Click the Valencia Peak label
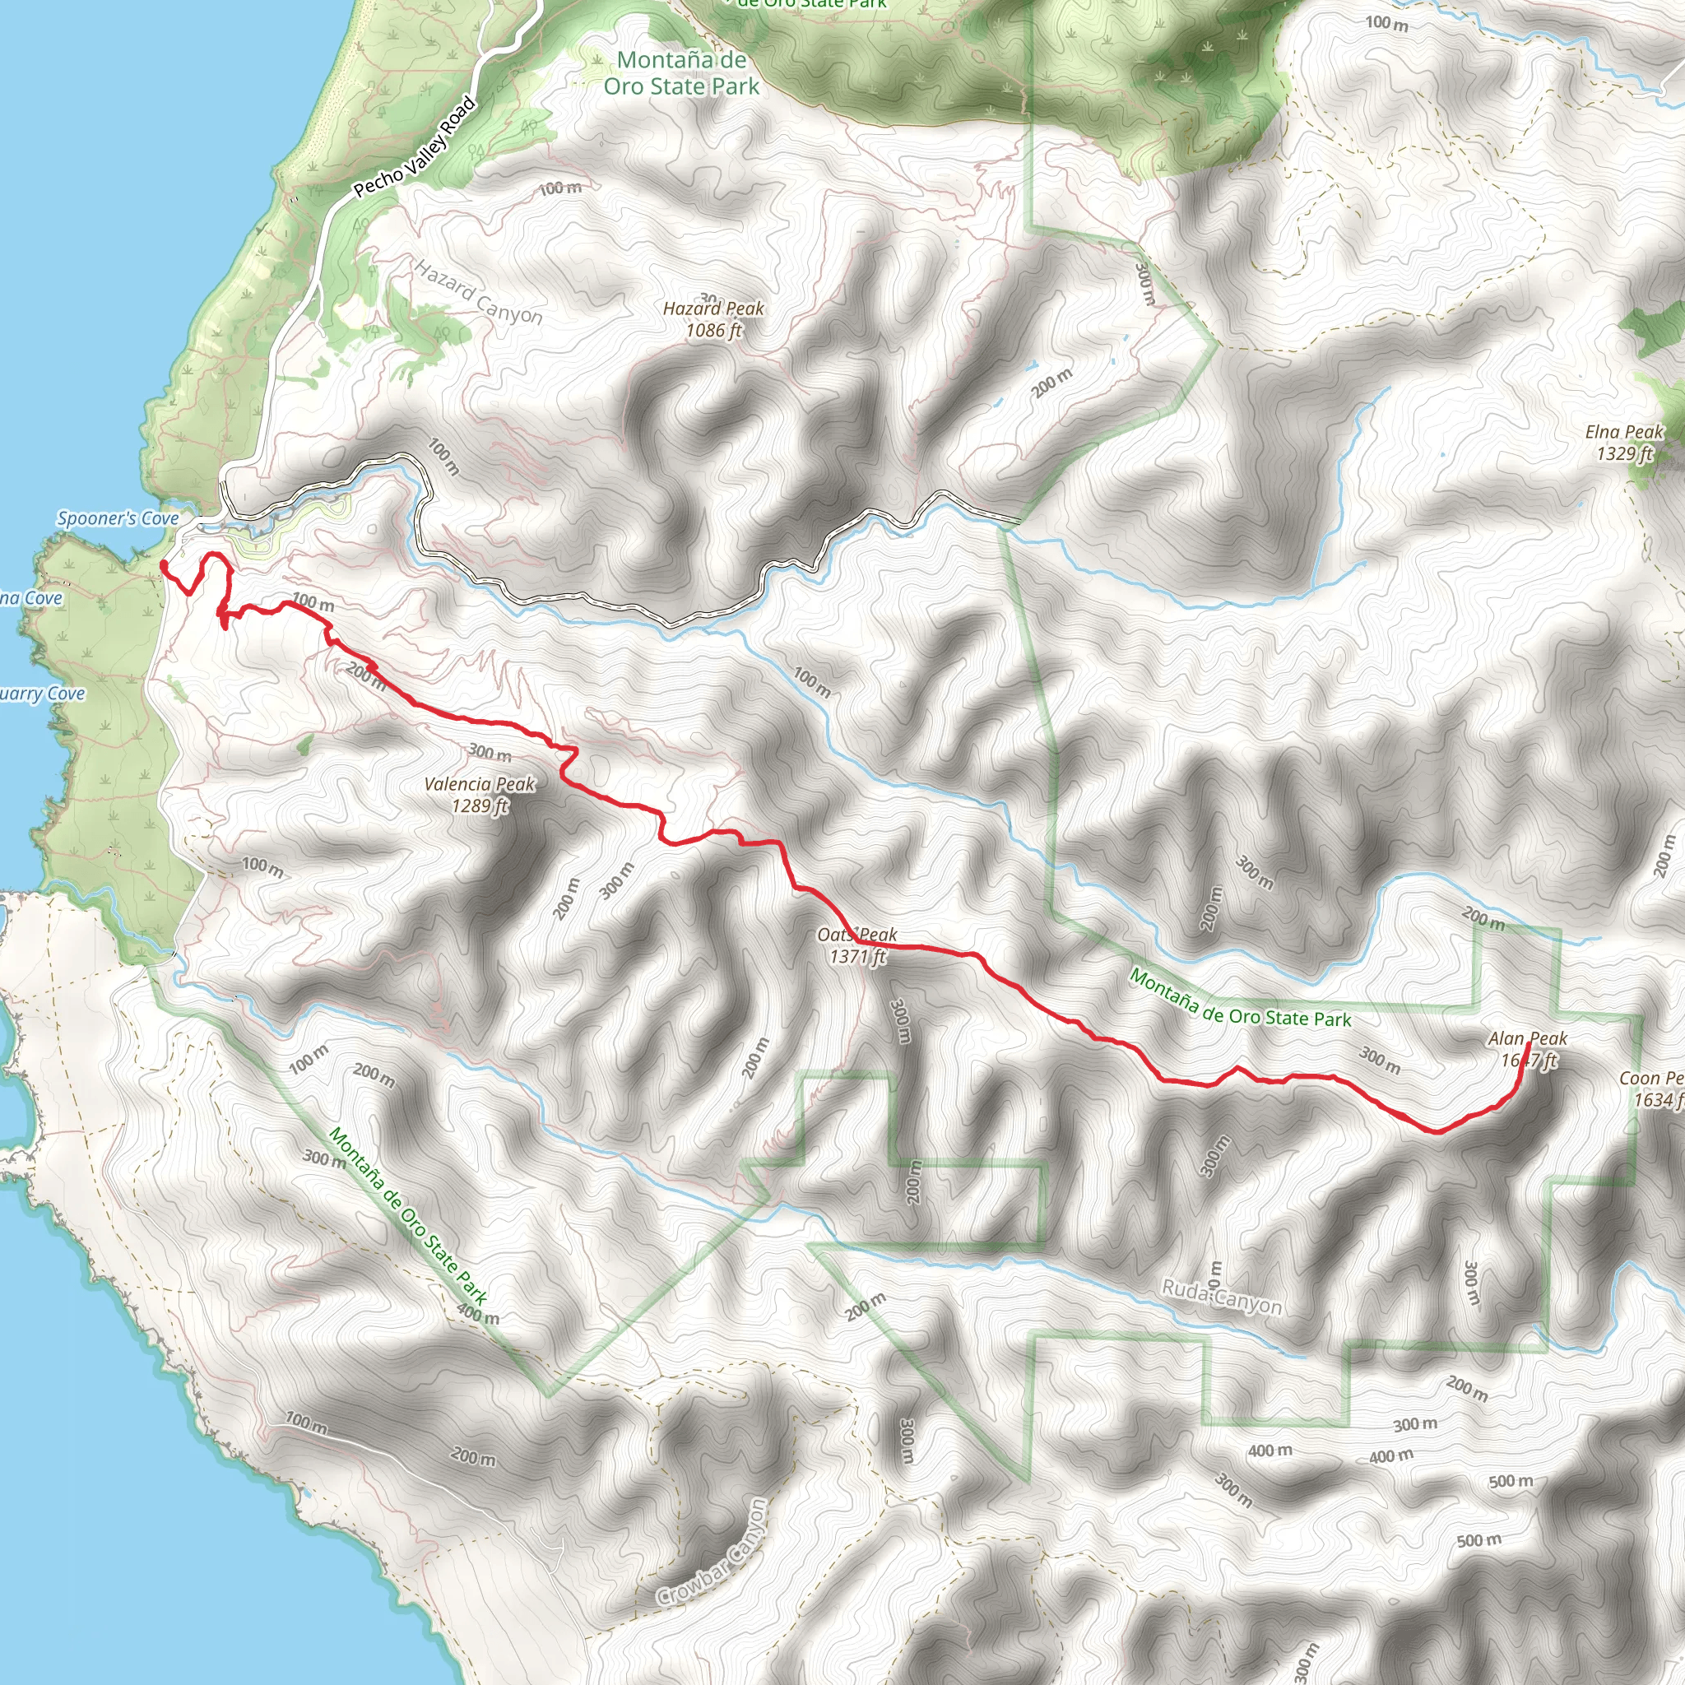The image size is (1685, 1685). (x=479, y=795)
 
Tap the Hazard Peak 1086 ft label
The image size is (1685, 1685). (x=713, y=319)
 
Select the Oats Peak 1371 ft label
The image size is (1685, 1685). (x=856, y=945)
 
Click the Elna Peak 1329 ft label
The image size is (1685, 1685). (x=1624, y=442)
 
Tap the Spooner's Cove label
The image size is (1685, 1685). (x=118, y=519)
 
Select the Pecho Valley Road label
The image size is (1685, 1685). (x=415, y=147)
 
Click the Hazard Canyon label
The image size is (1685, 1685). (x=478, y=293)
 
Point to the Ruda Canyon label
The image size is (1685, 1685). (x=1221, y=1297)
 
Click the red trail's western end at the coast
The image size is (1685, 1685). (x=163, y=565)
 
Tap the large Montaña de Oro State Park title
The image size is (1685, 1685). (x=681, y=73)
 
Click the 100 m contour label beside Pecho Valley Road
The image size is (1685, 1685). (x=560, y=188)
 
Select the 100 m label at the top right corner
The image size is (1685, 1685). (x=1386, y=23)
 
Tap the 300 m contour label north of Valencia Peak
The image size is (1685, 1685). (x=490, y=752)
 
